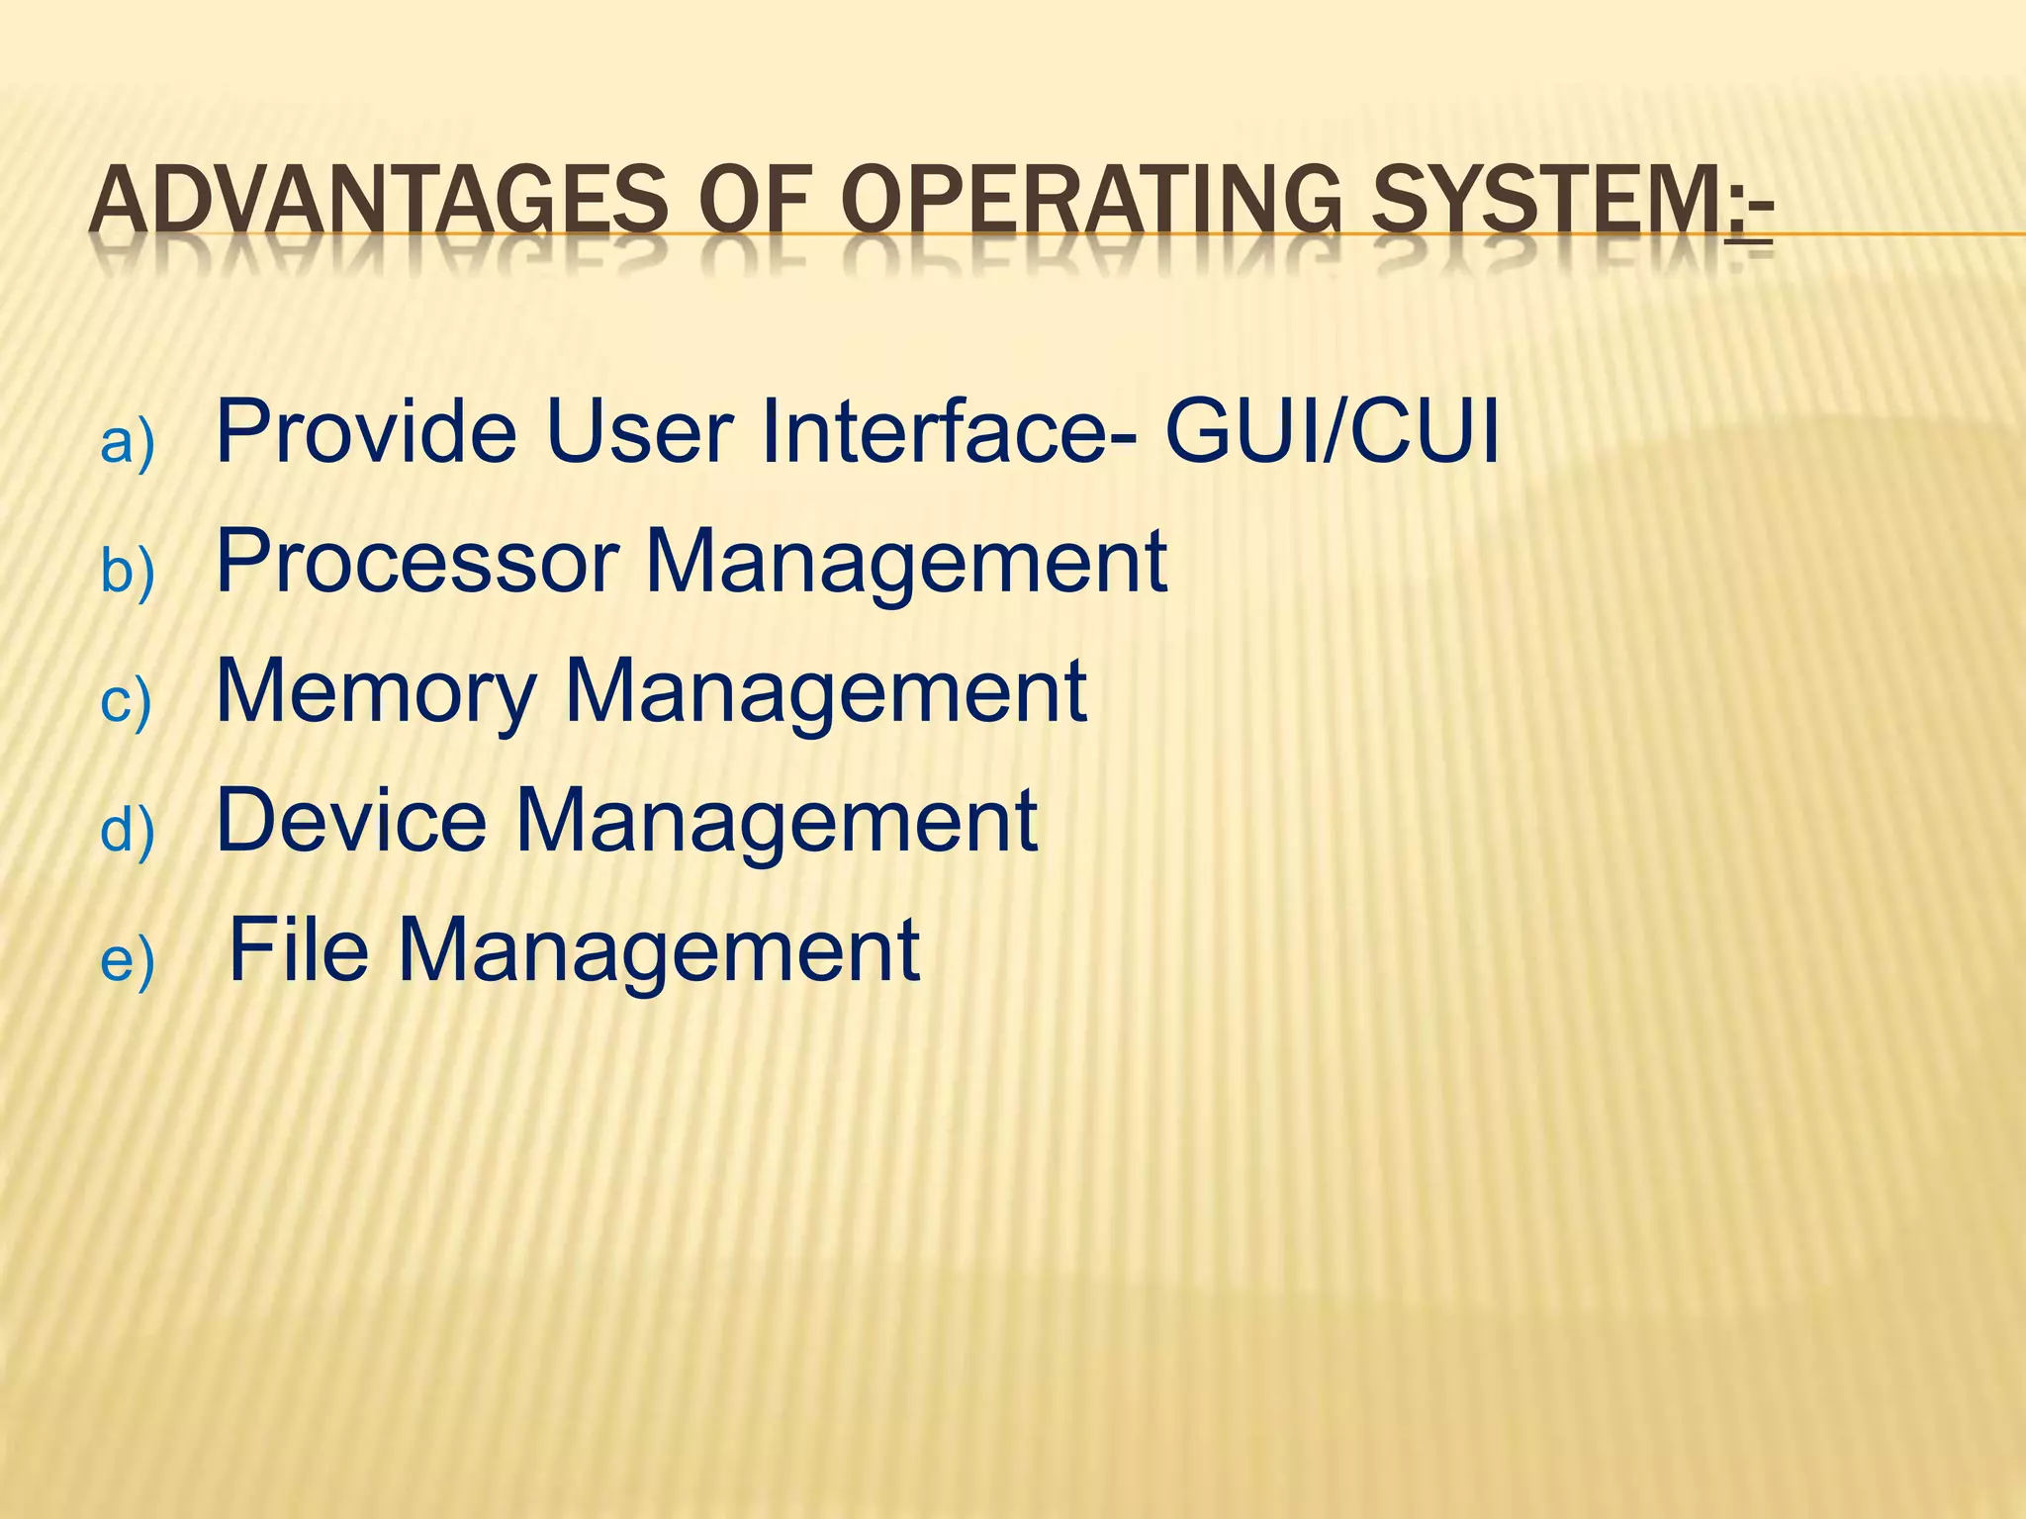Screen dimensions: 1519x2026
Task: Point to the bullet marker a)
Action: pos(128,441)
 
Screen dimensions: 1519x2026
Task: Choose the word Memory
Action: pos(377,692)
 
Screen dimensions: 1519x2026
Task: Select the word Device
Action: pos(351,820)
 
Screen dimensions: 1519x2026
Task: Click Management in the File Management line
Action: pos(659,951)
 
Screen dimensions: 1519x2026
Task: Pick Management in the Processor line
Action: pos(906,563)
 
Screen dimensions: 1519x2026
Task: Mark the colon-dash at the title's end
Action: pos(1749,213)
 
